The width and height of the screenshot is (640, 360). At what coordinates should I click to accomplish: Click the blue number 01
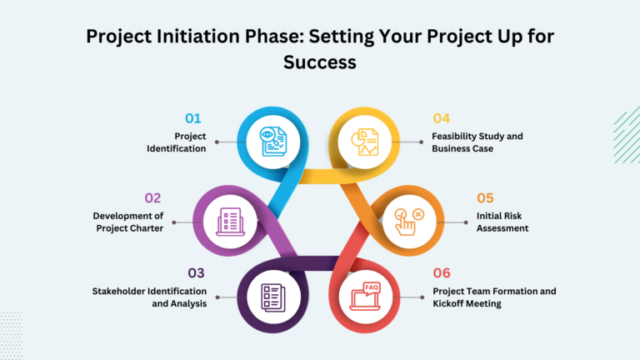192,117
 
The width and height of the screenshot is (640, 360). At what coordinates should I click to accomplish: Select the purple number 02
152,197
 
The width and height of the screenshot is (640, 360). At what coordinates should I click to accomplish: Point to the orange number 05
485,197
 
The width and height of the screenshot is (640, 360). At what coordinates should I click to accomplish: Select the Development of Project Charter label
128,222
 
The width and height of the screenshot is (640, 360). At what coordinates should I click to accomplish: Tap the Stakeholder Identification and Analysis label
149,297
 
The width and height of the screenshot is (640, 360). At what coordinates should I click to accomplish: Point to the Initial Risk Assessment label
502,222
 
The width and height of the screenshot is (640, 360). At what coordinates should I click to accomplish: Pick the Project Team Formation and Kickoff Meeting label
493,297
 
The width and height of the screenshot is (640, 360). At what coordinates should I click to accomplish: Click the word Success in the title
320,62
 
